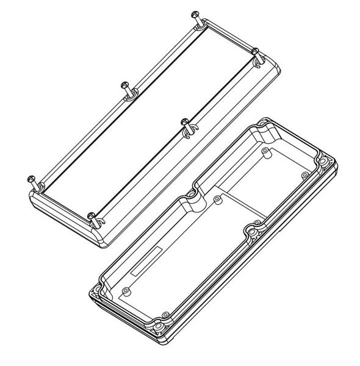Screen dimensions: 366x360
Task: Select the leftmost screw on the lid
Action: [32, 179]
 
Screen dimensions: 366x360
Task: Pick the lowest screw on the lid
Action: [91, 216]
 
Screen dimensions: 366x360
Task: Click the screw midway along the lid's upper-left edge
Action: [126, 85]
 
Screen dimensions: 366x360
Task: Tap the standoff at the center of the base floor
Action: [217, 198]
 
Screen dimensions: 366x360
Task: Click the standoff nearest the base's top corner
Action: [264, 150]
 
